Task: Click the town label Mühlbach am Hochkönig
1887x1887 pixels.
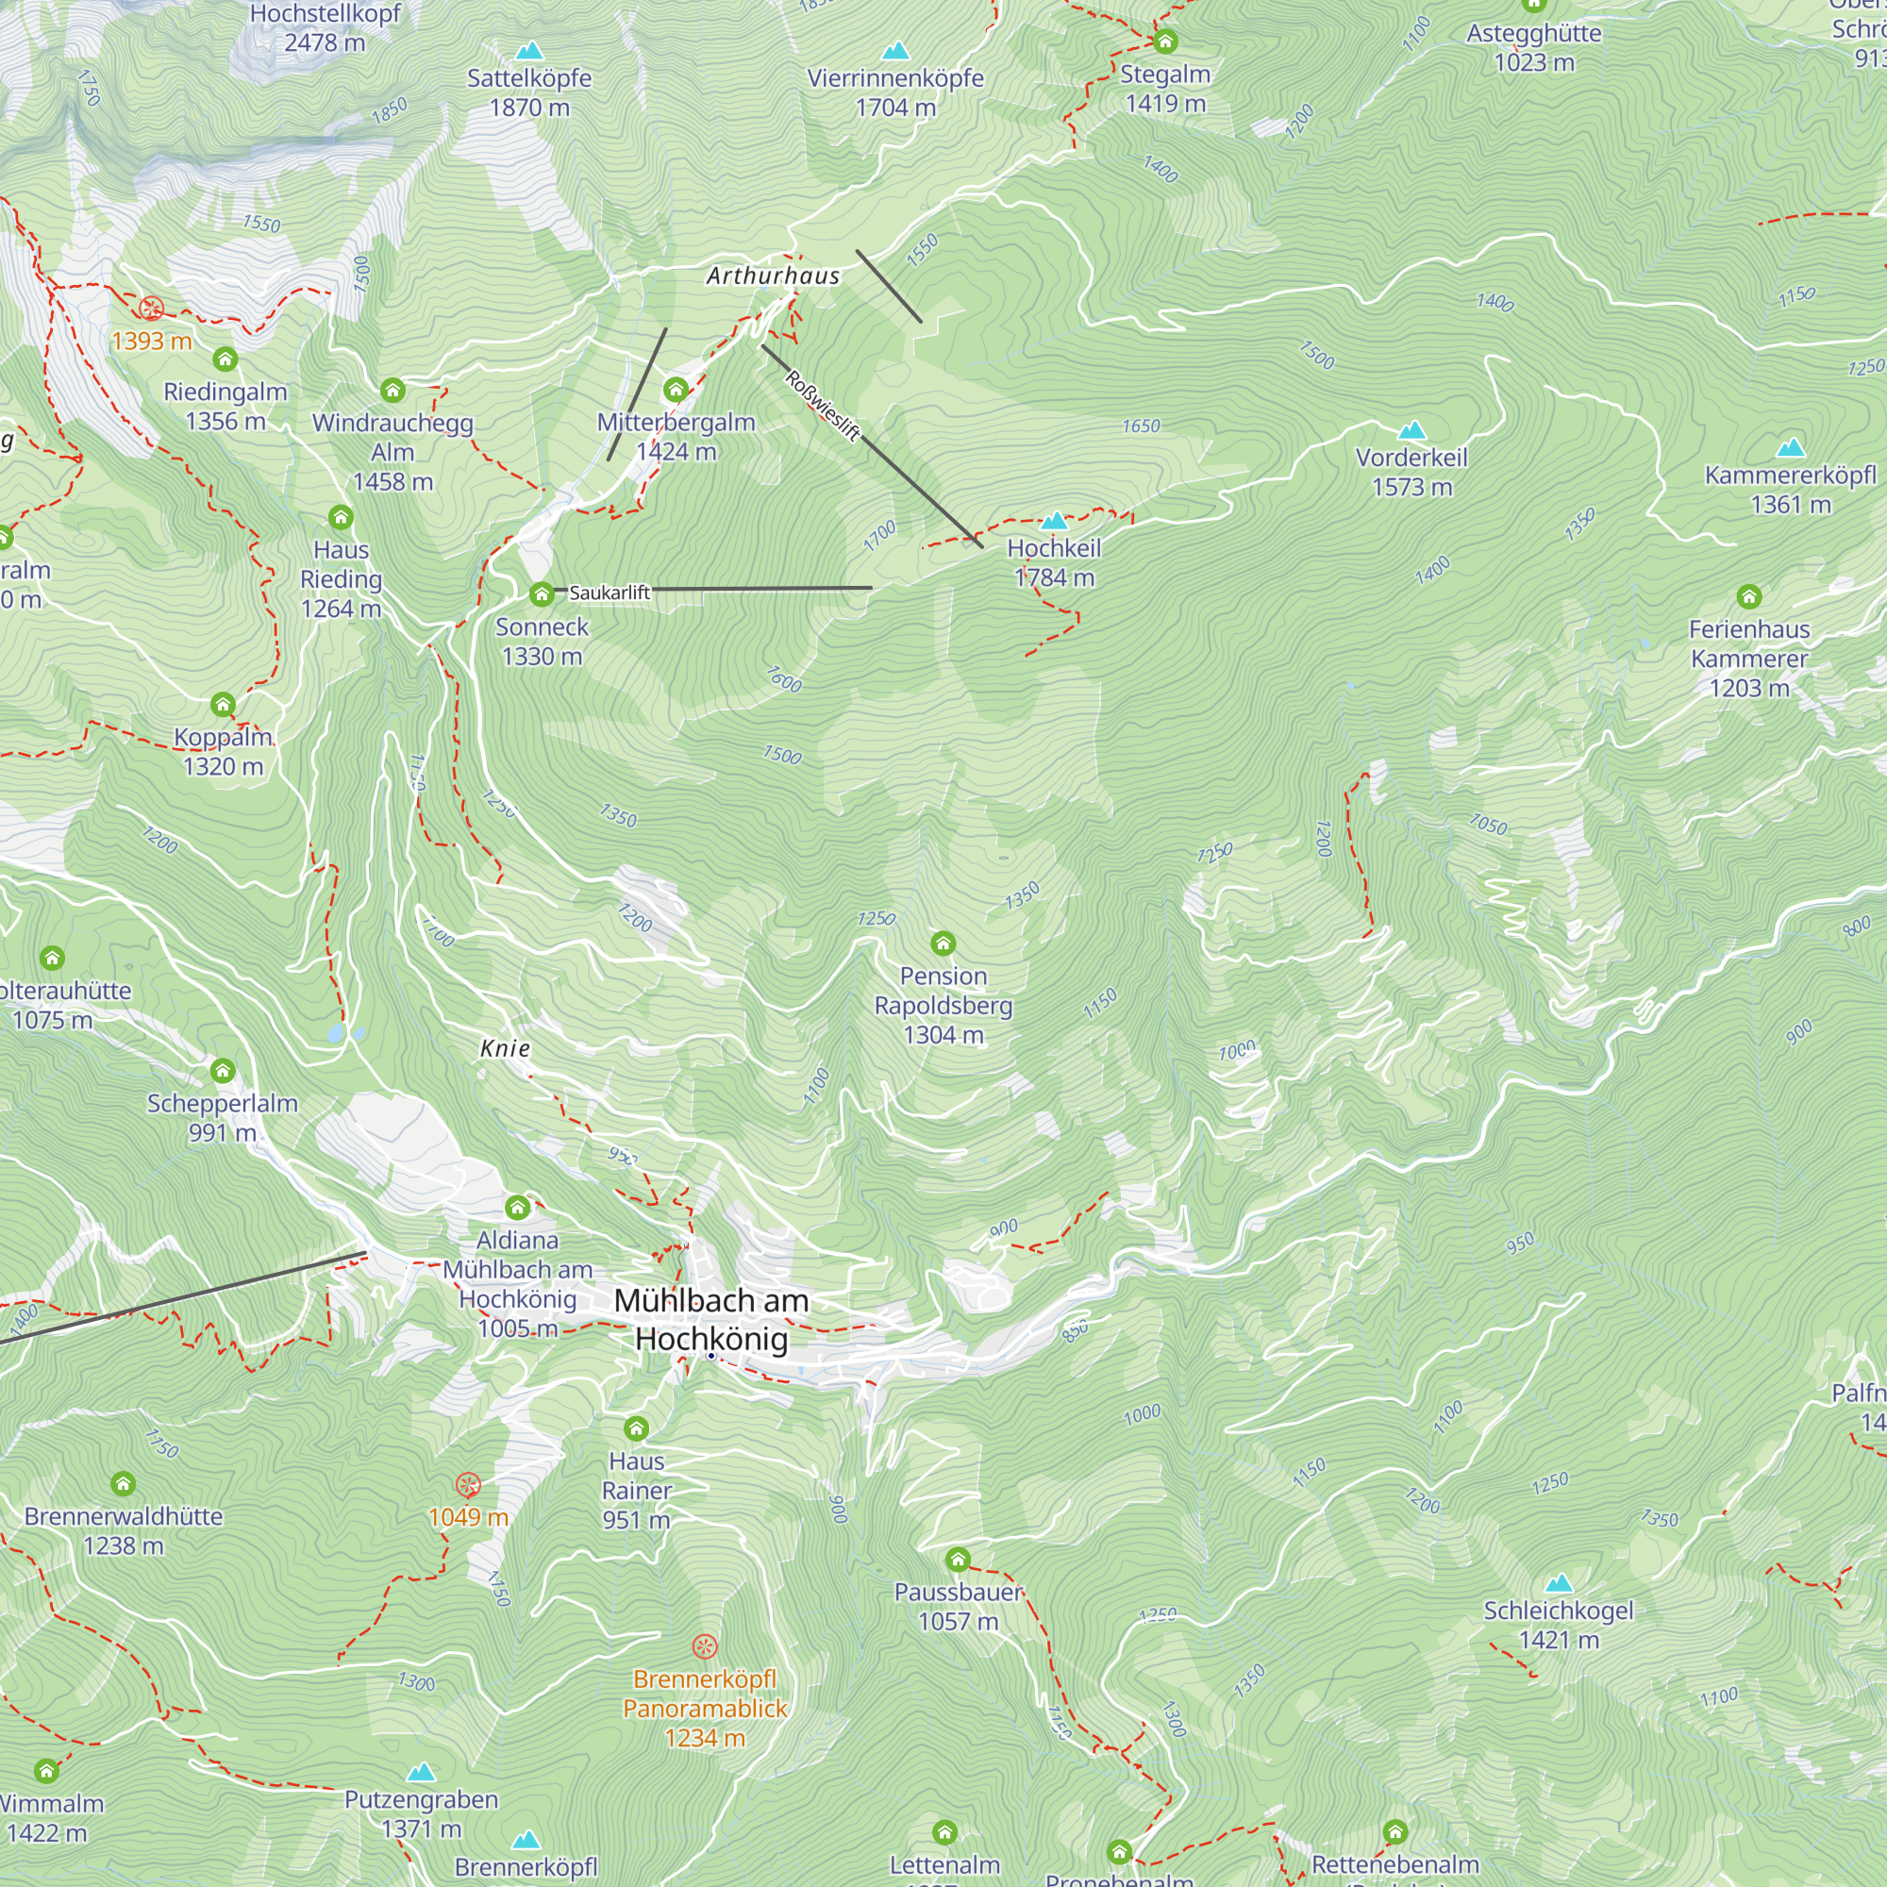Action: (711, 1319)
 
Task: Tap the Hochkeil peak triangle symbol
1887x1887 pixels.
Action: (1054, 521)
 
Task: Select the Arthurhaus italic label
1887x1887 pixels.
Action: (773, 276)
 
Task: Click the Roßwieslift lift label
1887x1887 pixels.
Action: (823, 406)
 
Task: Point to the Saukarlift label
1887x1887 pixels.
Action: (610, 593)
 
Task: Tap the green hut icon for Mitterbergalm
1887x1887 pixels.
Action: (676, 391)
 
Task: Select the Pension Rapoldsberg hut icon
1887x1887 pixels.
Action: (943, 943)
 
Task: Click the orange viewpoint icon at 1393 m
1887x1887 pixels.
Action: (151, 309)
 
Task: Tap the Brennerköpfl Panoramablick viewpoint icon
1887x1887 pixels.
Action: (704, 1647)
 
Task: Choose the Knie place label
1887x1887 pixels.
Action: (505, 1048)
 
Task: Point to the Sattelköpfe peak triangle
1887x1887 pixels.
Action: (528, 50)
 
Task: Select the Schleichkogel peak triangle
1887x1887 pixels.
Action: (1559, 1582)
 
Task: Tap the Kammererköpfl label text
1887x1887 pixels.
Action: (1791, 476)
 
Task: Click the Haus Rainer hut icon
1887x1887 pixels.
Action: (637, 1428)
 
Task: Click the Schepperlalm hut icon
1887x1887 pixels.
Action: (223, 1072)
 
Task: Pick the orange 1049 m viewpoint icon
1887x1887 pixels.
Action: (468, 1486)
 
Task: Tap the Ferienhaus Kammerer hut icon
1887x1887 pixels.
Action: (1749, 595)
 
